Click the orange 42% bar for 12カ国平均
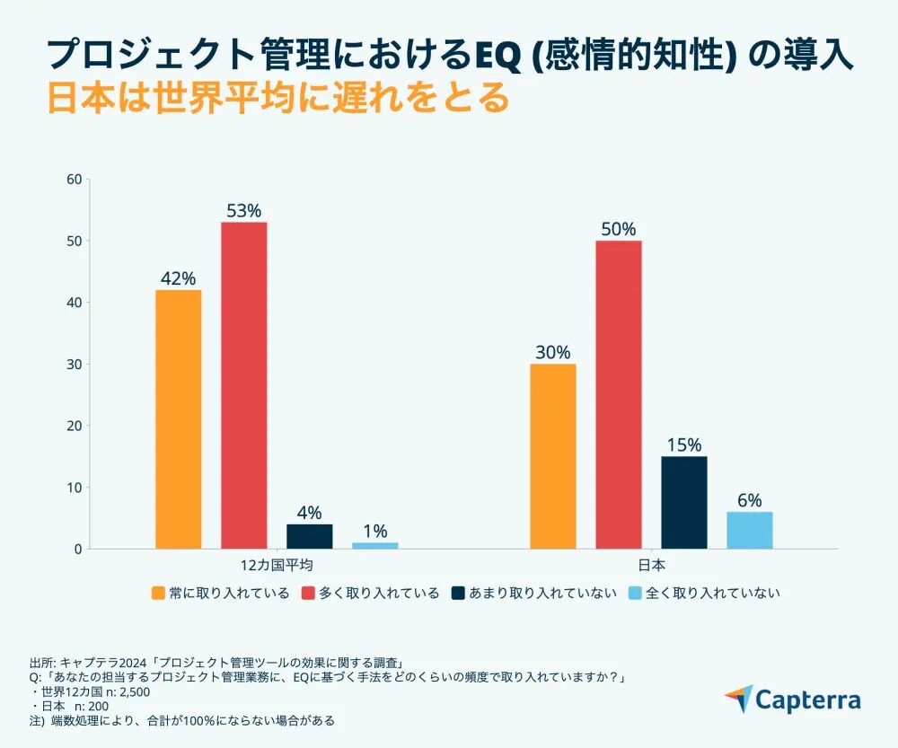click(x=178, y=418)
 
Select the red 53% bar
click(x=243, y=385)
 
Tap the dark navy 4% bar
click(x=310, y=536)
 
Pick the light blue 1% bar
click(x=374, y=545)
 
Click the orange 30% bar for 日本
click(x=553, y=456)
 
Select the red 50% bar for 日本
click(x=619, y=394)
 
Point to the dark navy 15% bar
click(x=684, y=502)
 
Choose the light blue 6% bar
click(x=750, y=530)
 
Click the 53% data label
click(x=243, y=211)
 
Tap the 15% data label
click(x=684, y=445)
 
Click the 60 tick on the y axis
click(x=75, y=180)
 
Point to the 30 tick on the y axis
click(x=75, y=365)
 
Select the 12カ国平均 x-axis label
click(x=277, y=566)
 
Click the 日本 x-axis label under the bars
click(x=651, y=566)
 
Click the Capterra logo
click(x=792, y=700)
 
